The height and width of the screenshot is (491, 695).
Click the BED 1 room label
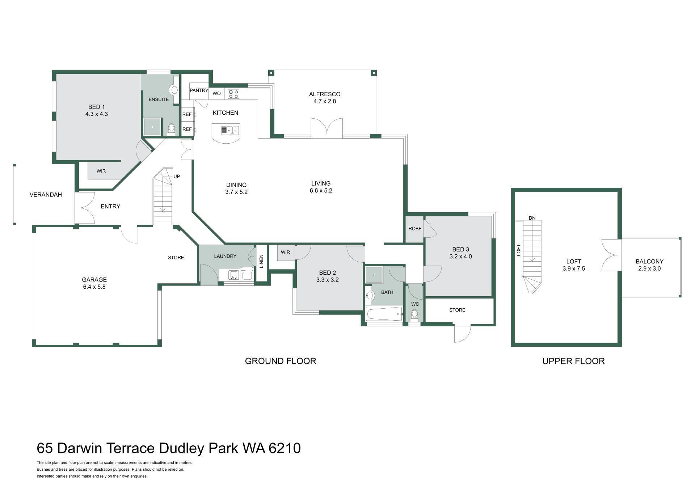96,107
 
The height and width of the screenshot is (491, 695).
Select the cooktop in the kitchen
233,94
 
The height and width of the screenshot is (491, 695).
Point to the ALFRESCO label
325,94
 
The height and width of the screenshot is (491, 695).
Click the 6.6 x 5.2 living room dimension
321,191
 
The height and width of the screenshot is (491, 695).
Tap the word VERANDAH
46,195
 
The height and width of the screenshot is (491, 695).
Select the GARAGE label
94,280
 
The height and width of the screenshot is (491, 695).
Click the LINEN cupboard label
261,261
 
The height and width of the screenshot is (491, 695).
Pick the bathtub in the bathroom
384,314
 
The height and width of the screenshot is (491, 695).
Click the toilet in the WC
414,316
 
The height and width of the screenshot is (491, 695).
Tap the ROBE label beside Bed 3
415,229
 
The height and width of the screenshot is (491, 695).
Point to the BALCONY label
649,262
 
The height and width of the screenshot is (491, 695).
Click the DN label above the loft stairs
532,218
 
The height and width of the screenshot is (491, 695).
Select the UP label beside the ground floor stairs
177,177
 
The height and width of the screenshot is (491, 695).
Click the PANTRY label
199,90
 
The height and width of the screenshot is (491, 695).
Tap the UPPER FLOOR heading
573,361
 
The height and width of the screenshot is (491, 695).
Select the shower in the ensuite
152,127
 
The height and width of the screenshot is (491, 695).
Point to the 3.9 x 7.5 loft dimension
574,269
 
